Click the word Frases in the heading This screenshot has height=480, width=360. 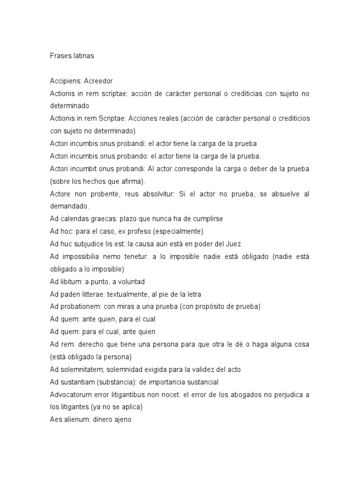pyautogui.click(x=60, y=56)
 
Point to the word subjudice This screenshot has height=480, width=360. pyautogui.click(x=94, y=244)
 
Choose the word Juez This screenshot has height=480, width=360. pyautogui.click(x=233, y=244)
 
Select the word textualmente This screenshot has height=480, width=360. pyautogui.click(x=129, y=294)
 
